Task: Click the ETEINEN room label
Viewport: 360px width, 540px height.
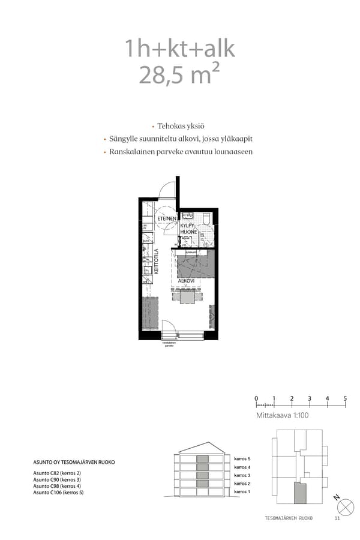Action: click(x=167, y=219)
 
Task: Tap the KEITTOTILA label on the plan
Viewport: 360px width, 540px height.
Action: click(x=156, y=262)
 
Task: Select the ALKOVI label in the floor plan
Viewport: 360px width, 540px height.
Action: click(x=186, y=280)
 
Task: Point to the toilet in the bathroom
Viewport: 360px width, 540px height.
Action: click(x=206, y=218)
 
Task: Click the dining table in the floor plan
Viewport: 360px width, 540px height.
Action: click(x=187, y=296)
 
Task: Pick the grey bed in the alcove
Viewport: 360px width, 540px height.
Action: click(x=195, y=264)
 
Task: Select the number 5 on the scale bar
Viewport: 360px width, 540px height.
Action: click(x=345, y=398)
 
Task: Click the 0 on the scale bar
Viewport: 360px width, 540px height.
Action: click(x=256, y=398)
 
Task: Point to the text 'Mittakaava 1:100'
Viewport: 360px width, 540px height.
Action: click(x=282, y=414)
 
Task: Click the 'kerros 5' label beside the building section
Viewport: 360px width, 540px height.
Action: click(x=242, y=458)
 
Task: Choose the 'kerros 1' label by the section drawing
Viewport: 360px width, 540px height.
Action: click(x=242, y=492)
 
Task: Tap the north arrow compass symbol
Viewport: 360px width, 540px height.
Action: click(x=345, y=506)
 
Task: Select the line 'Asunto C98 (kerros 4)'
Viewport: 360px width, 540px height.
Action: click(x=57, y=486)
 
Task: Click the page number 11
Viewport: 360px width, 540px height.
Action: click(x=337, y=518)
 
